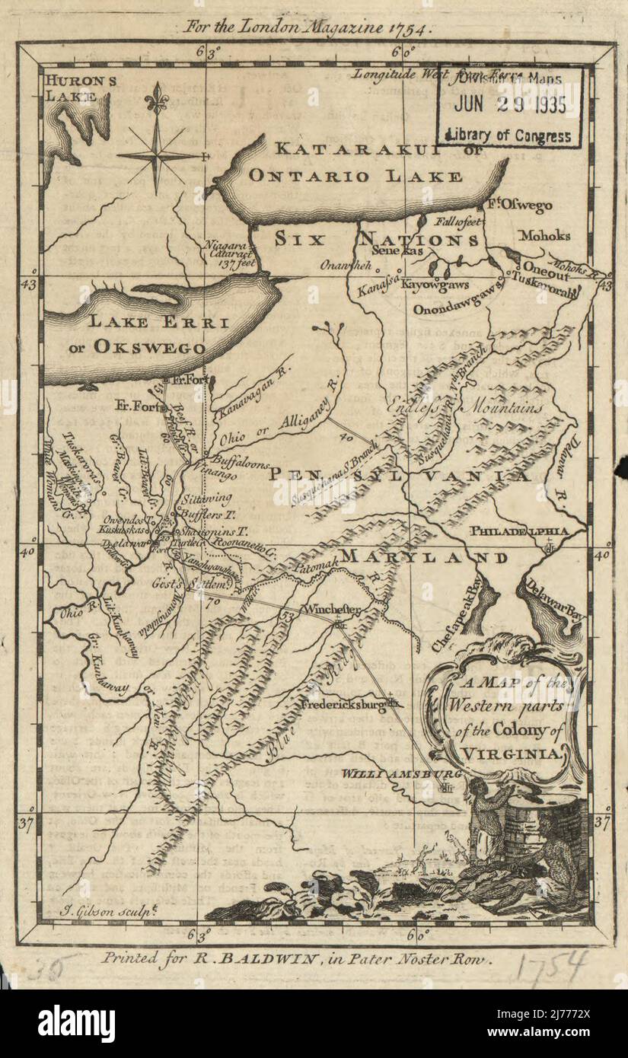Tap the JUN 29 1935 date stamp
tap(509, 106)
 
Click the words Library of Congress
tap(509, 135)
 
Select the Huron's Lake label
tap(69, 87)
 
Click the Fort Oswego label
tap(521, 206)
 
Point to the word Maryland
tap(434, 558)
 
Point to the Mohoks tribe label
tap(544, 236)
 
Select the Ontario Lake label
tap(355, 176)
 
